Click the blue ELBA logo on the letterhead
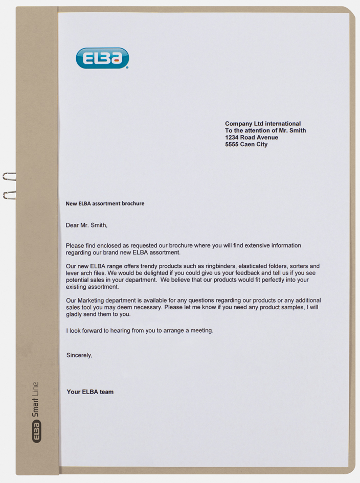102,58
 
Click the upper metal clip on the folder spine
9,177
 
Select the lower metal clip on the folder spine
9,194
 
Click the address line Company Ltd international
263,124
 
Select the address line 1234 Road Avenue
252,137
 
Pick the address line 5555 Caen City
246,145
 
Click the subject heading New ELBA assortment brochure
105,203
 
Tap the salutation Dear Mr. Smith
87,225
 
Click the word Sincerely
79,355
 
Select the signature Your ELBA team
90,392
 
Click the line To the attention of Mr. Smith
265,131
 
